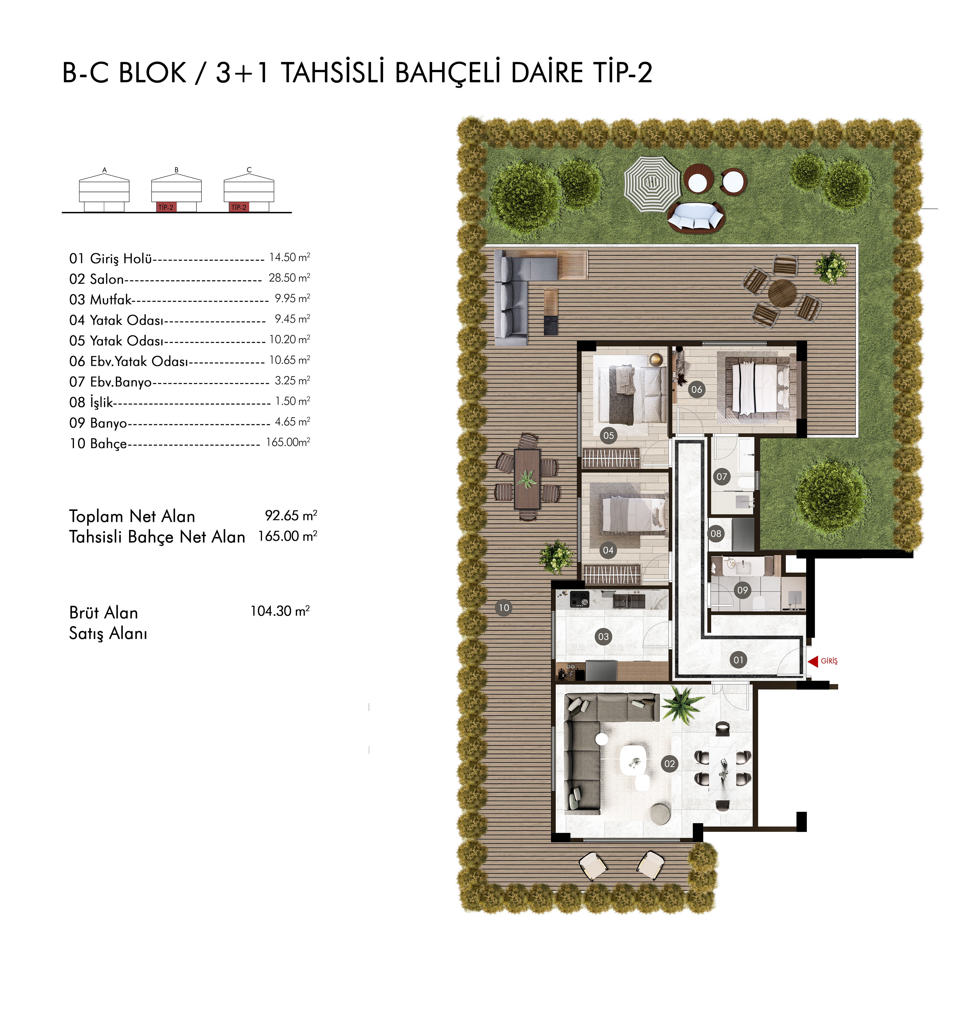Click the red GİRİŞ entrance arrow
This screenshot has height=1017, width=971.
pos(813,661)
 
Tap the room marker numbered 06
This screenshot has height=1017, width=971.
pos(697,390)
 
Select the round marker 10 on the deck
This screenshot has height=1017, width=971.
pos(504,608)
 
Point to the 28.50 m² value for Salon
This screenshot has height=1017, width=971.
pos(289,278)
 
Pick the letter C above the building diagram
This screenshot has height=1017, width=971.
pos(249,170)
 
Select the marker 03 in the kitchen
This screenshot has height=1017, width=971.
pos(604,636)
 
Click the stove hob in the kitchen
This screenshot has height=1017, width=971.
pos(580,600)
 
